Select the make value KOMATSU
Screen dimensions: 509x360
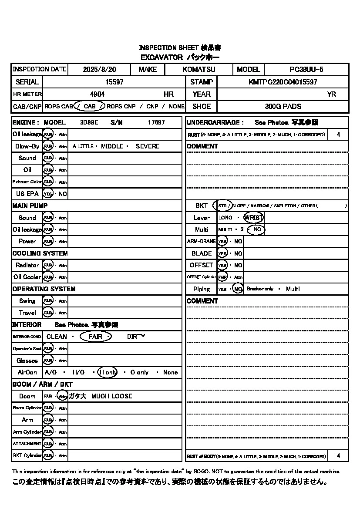tap(199, 69)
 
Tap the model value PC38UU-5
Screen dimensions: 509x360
tap(306, 69)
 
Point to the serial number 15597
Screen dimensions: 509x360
tap(114, 82)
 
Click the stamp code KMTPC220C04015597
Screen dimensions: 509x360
tap(283, 82)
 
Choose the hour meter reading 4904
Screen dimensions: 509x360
tap(97, 94)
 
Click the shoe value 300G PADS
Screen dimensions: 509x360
tap(283, 106)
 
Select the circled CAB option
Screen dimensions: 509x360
tap(90, 106)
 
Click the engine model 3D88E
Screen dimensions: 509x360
tap(89, 123)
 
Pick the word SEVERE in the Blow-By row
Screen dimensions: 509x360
tap(148, 146)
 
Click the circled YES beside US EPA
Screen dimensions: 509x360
tap(47, 194)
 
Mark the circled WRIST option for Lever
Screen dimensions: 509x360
tap(254, 217)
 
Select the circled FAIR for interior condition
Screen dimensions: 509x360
tap(96, 337)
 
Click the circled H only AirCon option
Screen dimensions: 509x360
tap(108, 372)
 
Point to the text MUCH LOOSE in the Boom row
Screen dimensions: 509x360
tap(111, 396)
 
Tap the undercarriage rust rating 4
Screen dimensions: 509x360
tap(339, 135)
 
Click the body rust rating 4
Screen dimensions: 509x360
tap(339, 456)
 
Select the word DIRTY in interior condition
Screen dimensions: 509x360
tap(136, 337)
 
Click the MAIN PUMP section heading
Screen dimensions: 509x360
tap(30, 206)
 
